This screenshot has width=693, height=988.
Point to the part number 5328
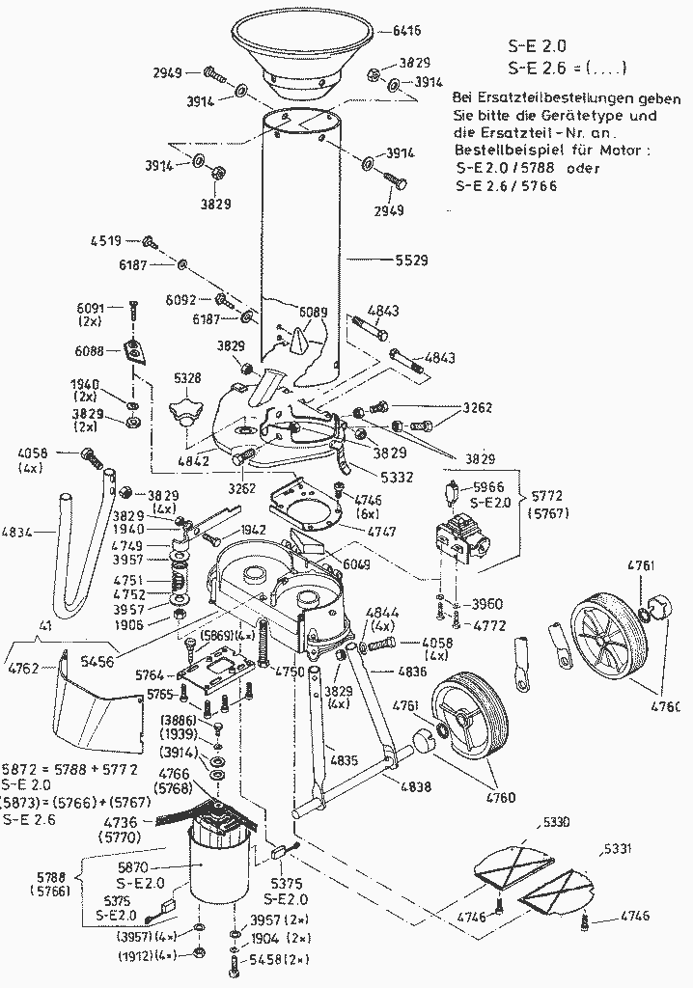[x=187, y=378]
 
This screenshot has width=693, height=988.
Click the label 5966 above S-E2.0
[x=489, y=488]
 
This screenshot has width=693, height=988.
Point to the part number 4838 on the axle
[x=416, y=787]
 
